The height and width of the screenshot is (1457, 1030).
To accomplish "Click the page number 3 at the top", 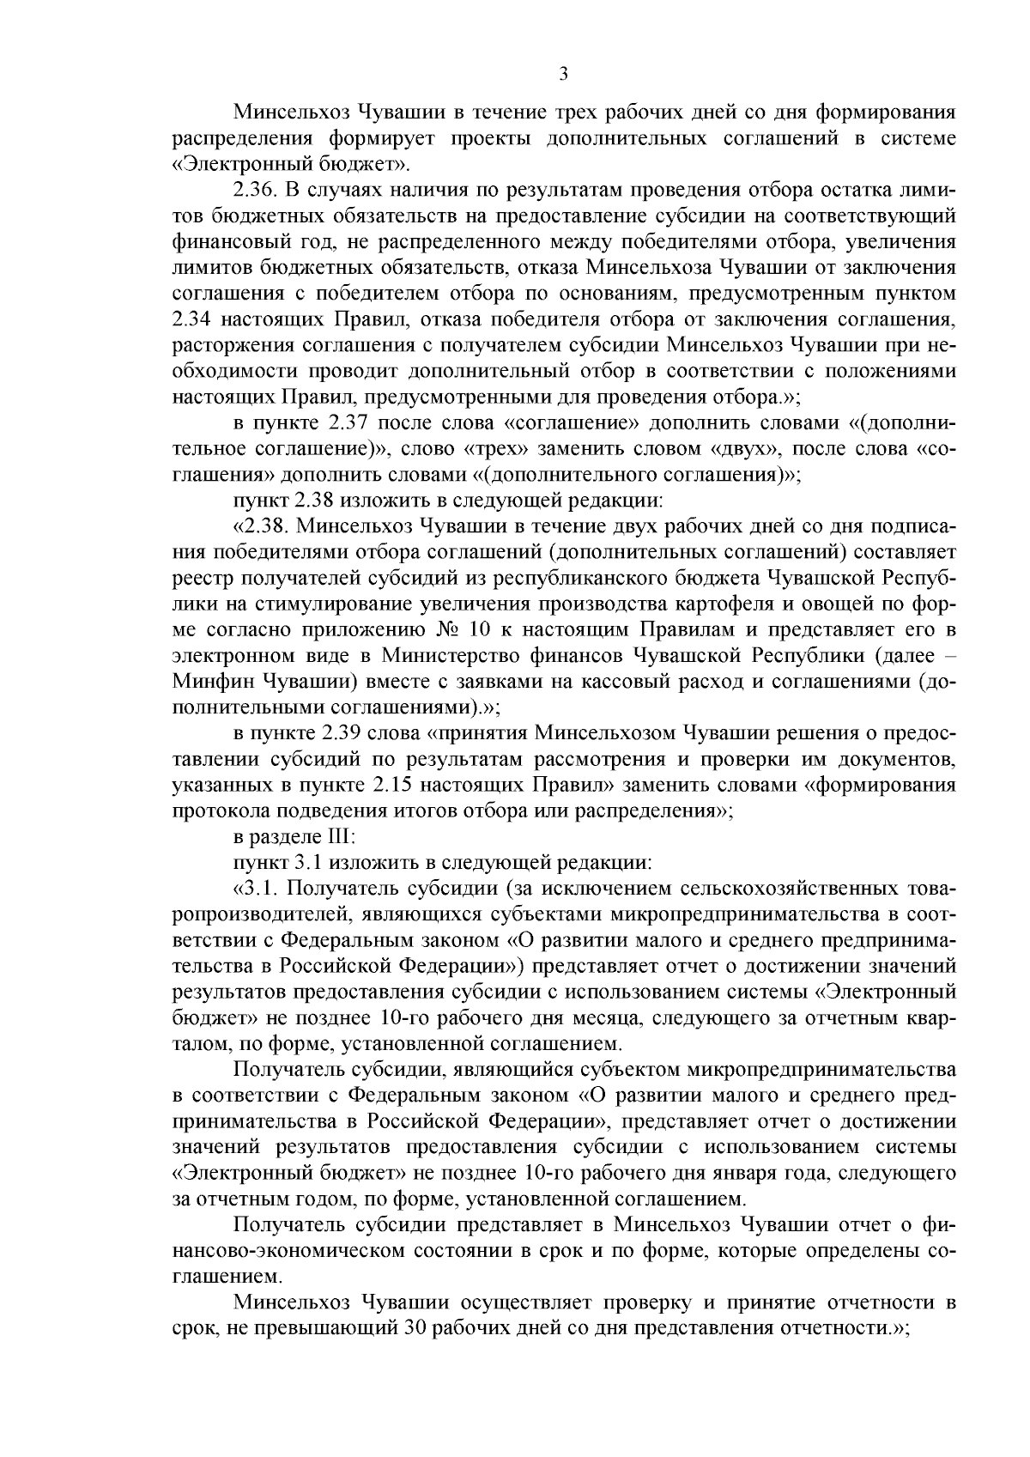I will pos(563,76).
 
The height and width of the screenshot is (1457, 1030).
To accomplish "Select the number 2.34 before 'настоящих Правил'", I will pos(192,319).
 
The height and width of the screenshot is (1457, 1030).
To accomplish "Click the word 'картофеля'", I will pos(665,604).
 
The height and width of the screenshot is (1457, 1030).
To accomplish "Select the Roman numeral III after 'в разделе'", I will pos(330,837).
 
